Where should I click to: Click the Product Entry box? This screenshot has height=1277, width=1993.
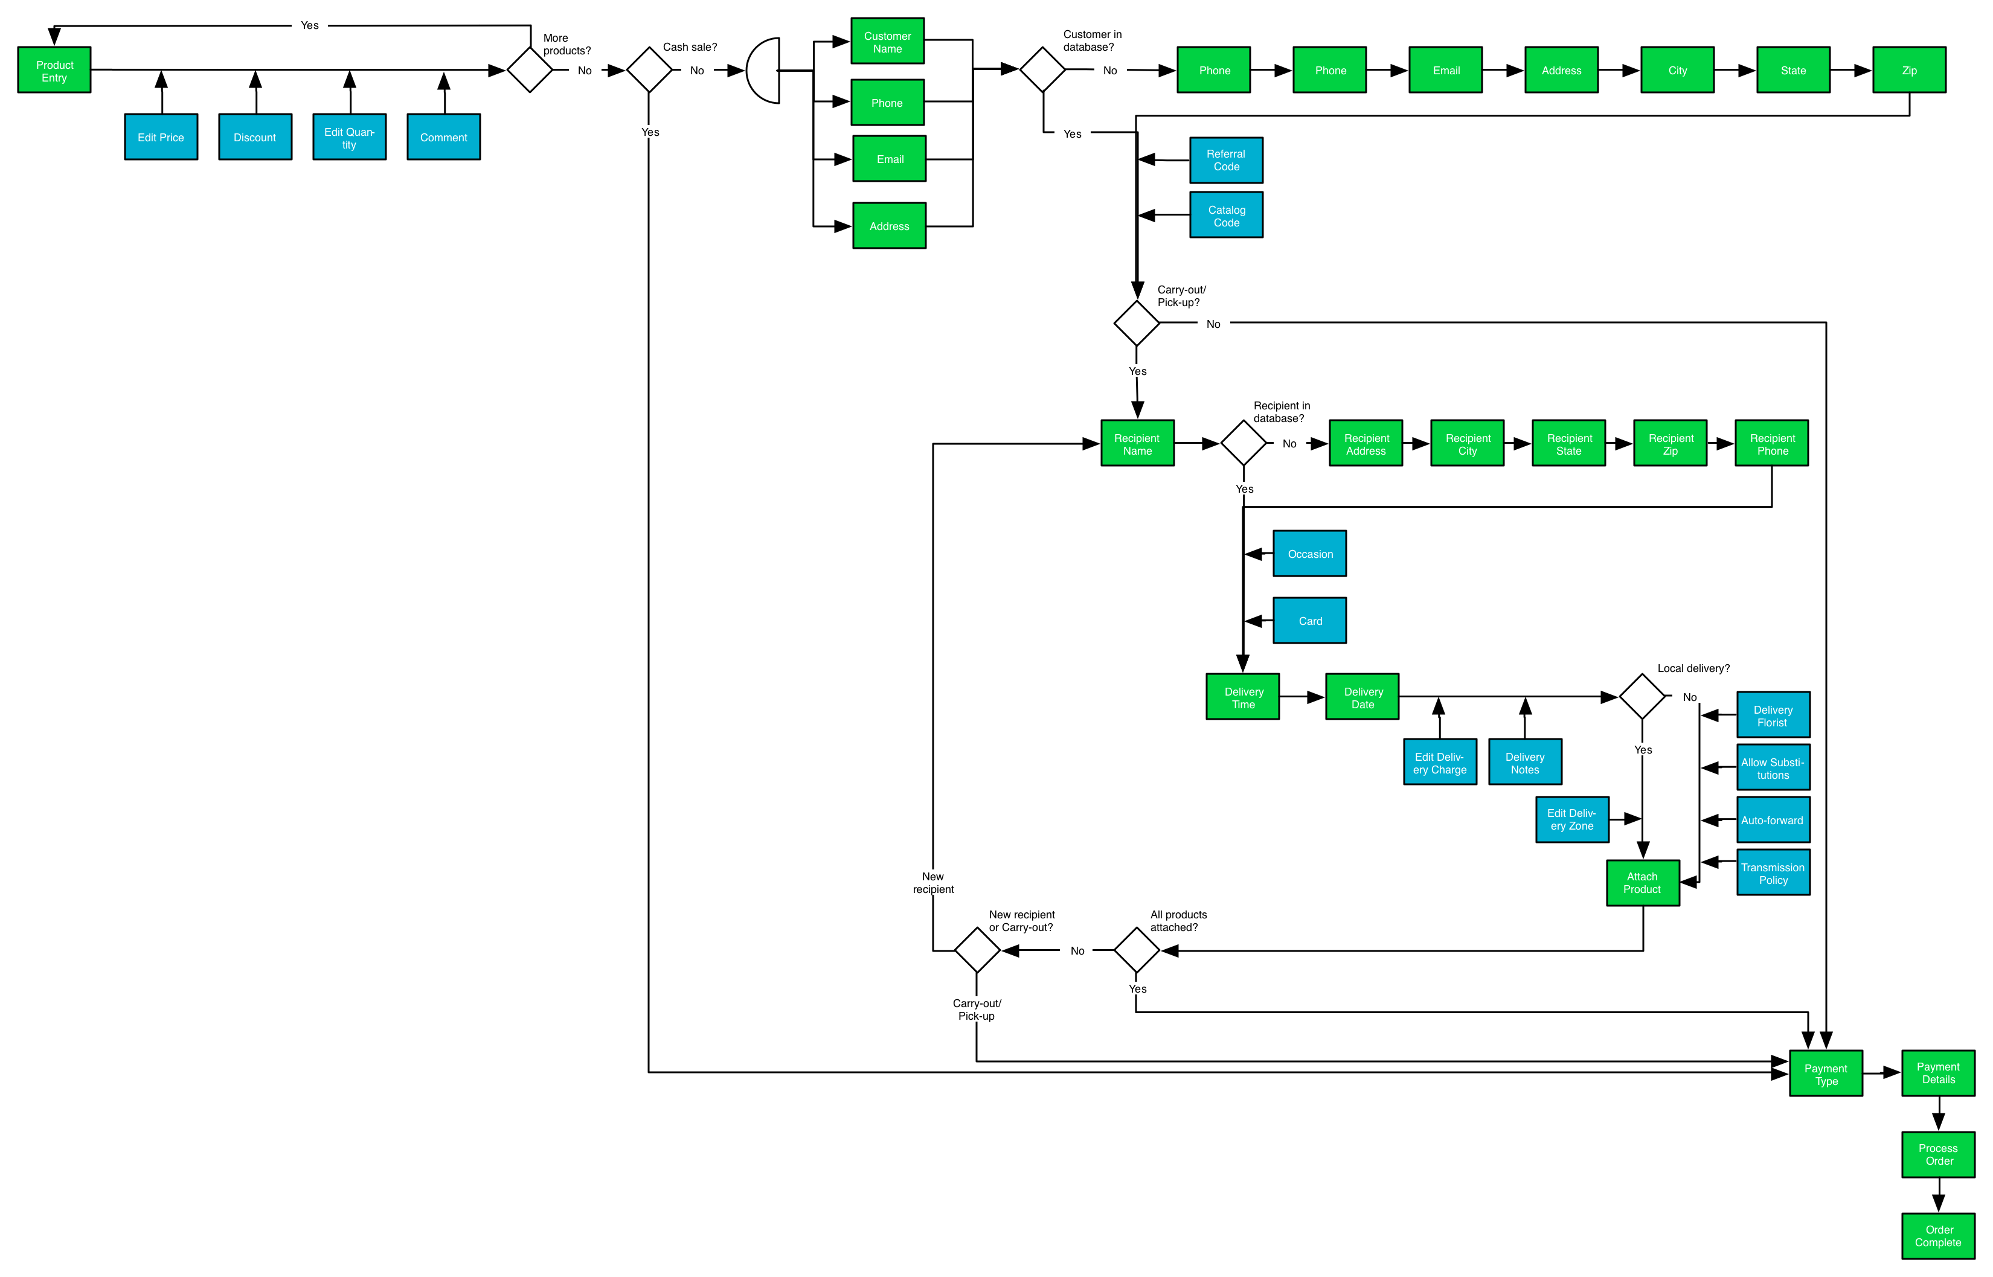(54, 71)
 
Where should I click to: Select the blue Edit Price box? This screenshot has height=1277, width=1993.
(161, 137)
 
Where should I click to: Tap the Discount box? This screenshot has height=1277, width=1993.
(255, 137)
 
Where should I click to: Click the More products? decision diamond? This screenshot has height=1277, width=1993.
(530, 71)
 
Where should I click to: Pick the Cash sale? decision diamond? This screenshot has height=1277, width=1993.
(649, 71)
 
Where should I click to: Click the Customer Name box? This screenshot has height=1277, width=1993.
(887, 42)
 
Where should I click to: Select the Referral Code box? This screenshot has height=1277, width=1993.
(1226, 160)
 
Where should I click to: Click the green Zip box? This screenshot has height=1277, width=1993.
(1908, 71)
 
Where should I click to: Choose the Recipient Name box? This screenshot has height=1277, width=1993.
(1137, 444)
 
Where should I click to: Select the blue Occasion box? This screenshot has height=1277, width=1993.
(1309, 554)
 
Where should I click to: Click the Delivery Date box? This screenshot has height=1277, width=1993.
(1362, 697)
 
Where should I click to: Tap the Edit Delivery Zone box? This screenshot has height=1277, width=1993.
(1571, 819)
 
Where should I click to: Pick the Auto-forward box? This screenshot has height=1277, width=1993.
(1773, 820)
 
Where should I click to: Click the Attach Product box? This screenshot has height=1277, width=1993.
(1642, 883)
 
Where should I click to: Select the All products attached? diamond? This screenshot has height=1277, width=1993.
(1136, 950)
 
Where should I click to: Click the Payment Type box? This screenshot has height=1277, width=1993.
(1826, 1074)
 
